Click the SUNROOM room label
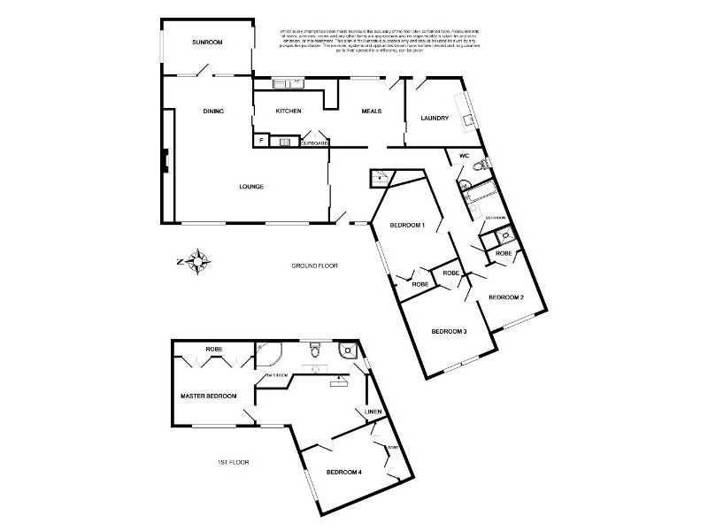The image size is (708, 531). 208,42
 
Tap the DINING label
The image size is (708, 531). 213,112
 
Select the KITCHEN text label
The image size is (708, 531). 289,111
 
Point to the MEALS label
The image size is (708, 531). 371,112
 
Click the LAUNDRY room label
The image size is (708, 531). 435,118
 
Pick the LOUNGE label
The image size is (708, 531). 252,187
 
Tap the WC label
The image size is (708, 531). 463,157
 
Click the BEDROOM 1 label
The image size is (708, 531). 408,226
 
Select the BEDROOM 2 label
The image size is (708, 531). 506,297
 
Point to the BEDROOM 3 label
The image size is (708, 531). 449,332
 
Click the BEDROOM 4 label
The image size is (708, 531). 344,473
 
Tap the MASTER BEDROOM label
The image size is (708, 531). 208,396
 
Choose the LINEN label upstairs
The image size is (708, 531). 373,412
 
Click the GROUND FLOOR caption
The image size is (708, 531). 315,265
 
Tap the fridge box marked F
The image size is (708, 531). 261,141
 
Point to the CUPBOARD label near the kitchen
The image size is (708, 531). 315,142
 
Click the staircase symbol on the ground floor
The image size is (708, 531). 379,178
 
